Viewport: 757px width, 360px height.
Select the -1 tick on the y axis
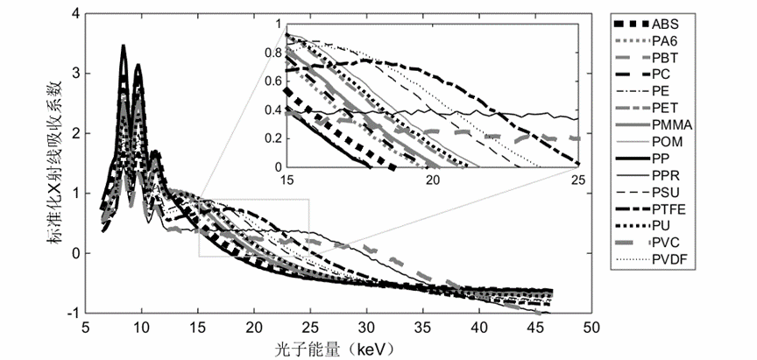coord(72,313)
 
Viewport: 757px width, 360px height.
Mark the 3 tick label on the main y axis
coord(74,74)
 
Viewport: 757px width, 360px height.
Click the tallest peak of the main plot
coord(124,46)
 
